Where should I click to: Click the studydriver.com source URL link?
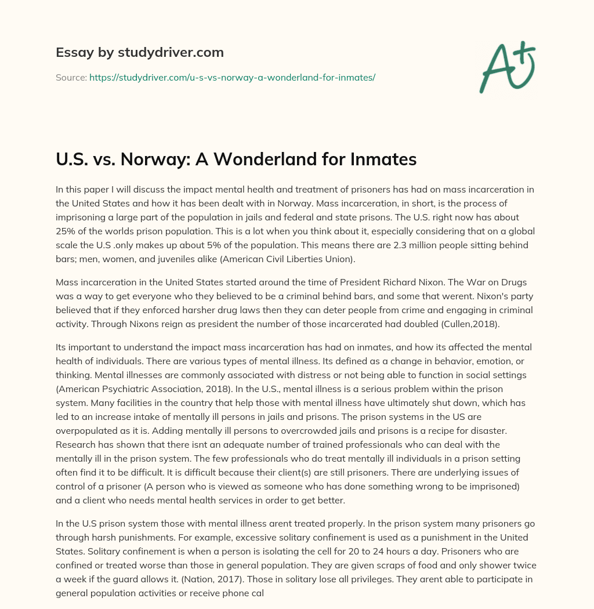[232, 77]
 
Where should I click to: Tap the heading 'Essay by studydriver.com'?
[140, 52]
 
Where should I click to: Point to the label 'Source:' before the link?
[71, 77]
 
